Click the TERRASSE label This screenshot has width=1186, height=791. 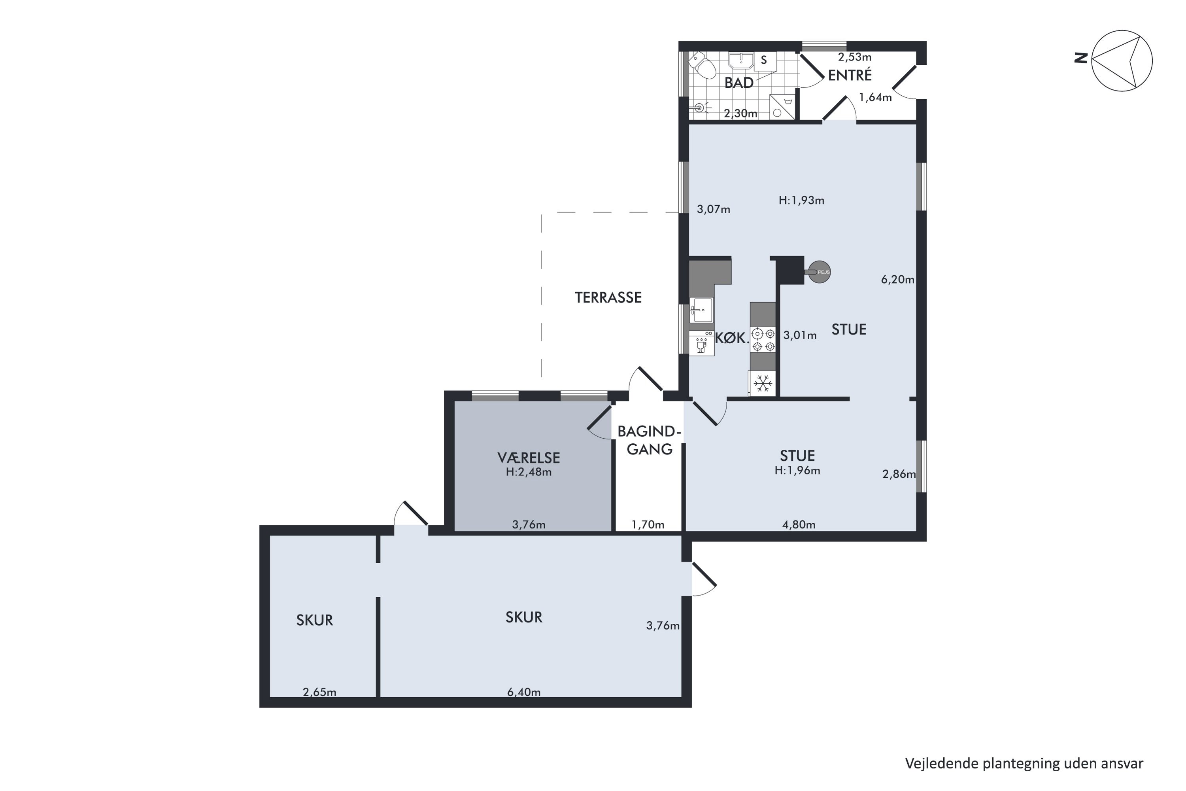pyautogui.click(x=608, y=298)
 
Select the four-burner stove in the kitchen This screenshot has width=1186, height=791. pyautogui.click(x=763, y=339)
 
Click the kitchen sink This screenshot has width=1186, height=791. pyautogui.click(x=701, y=310)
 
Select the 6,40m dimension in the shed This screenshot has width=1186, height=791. pyautogui.click(x=524, y=692)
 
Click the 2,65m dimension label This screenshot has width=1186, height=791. pyautogui.click(x=319, y=692)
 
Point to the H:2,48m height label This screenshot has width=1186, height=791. pyautogui.click(x=529, y=472)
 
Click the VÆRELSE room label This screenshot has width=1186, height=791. pyautogui.click(x=529, y=458)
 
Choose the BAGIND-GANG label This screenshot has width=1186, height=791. pyautogui.click(x=650, y=440)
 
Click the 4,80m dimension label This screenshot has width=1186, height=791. pyautogui.click(x=799, y=525)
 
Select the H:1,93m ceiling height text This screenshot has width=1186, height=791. pyautogui.click(x=801, y=200)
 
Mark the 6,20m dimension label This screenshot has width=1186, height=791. pyautogui.click(x=897, y=280)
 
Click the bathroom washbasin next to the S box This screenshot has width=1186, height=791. pyautogui.click(x=741, y=60)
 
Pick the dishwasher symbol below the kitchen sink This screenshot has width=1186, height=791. pyautogui.click(x=701, y=344)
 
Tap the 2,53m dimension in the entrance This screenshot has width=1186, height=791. pyautogui.click(x=855, y=57)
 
